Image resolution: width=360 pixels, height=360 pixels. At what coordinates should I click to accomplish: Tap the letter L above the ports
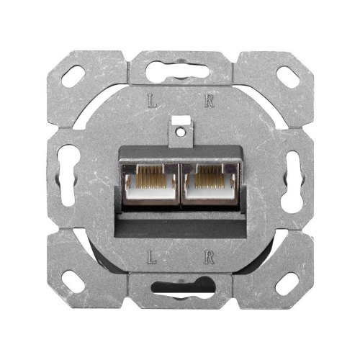tap(151, 102)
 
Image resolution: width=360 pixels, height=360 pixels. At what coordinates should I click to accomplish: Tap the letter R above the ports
tap(209, 102)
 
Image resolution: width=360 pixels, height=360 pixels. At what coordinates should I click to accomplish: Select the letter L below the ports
tap(151, 256)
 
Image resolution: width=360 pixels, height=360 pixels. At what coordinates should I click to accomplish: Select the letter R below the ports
tap(209, 256)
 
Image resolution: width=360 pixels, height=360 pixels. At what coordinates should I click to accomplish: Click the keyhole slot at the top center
tap(180, 72)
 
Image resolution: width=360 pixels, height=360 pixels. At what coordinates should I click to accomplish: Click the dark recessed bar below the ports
tap(180, 223)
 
